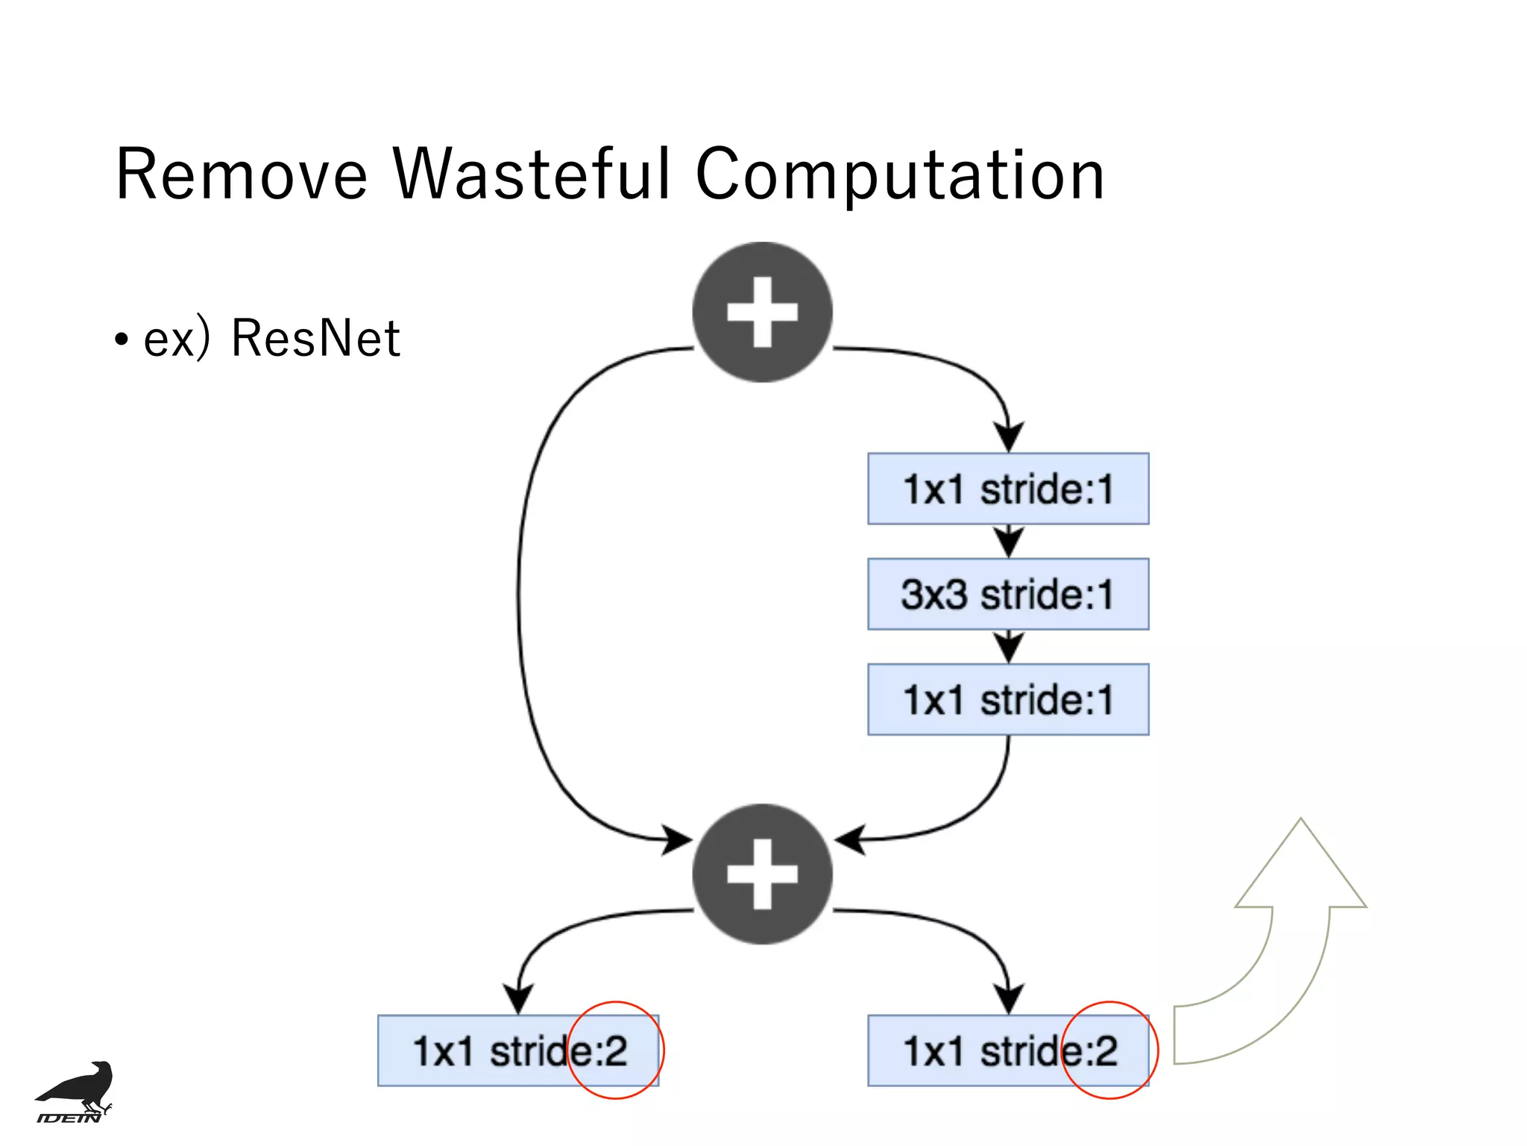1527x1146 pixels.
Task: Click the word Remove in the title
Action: [x=242, y=175]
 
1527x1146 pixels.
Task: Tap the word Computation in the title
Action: [x=899, y=177]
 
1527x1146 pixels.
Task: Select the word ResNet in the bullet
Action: [x=315, y=339]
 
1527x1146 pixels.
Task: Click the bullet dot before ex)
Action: [x=122, y=340]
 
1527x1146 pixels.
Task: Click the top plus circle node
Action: [x=762, y=312]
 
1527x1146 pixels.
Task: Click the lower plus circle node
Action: [x=762, y=874]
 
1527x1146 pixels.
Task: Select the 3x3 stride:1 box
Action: [x=1008, y=594]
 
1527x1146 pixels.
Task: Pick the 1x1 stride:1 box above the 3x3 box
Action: [x=1008, y=489]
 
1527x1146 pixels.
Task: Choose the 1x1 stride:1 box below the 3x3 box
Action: [x=1008, y=699]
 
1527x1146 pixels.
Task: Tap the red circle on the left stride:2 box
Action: [x=616, y=1002]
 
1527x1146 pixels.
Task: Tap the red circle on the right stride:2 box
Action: [x=1109, y=1002]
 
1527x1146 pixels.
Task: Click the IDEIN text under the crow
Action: [x=69, y=1118]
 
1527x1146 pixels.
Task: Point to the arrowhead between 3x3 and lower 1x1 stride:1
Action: [x=1008, y=648]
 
